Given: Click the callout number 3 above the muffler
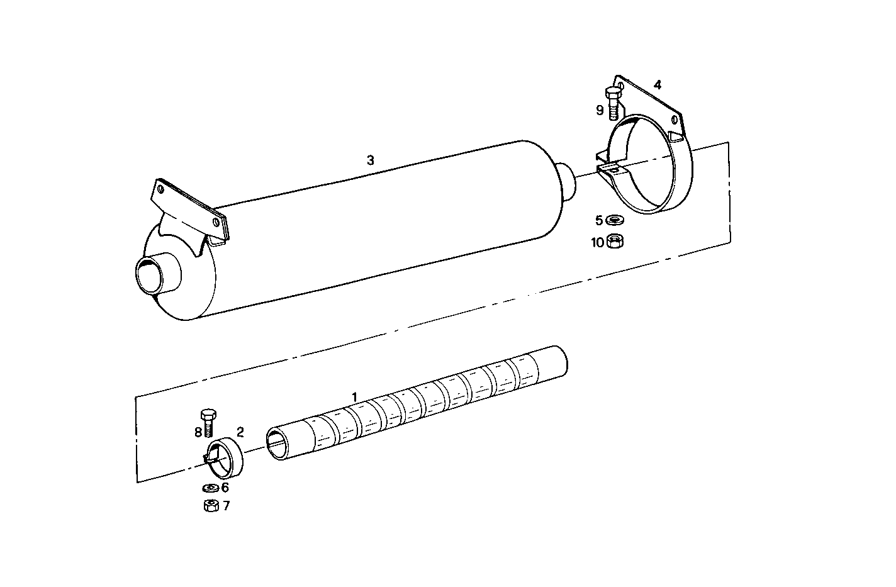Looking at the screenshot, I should point(371,160).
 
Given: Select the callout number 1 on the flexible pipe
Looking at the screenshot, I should point(355,397).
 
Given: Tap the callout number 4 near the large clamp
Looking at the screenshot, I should point(658,84).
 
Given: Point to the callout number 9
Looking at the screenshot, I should point(600,110).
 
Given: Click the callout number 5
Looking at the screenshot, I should point(599,220).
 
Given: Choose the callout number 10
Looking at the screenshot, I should point(597,242).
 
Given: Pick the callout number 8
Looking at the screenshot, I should point(198,432).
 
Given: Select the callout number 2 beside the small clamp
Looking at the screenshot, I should point(240,432).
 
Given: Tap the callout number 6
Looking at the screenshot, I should point(225,487).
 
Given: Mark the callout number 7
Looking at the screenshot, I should point(226,505).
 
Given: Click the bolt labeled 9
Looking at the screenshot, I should point(613,102).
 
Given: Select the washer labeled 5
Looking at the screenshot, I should point(613,220).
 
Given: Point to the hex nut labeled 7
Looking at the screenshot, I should point(211,505).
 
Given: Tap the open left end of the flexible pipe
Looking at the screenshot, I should point(277,444).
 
